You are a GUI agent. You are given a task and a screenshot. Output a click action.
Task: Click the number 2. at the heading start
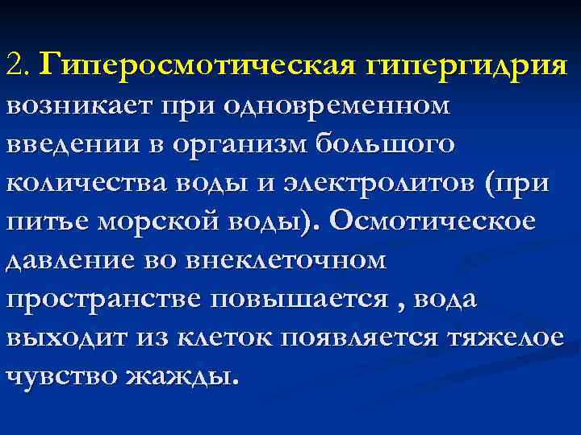click(18, 63)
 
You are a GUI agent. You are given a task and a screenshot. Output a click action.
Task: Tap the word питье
click(47, 222)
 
